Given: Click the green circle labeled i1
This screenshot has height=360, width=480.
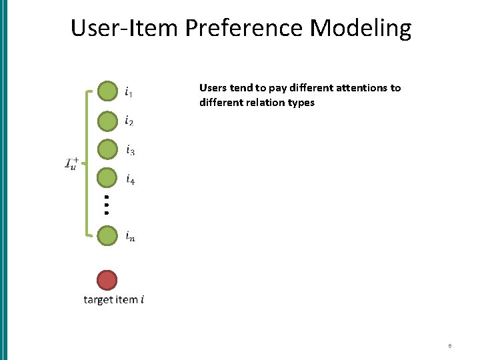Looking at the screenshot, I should pyautogui.click(x=107, y=91).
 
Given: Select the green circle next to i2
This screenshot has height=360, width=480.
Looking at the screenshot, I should pyautogui.click(x=107, y=121).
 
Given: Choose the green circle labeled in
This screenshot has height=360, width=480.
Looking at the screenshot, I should pyautogui.click(x=107, y=236).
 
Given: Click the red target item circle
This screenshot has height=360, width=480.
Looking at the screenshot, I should pyautogui.click(x=107, y=280).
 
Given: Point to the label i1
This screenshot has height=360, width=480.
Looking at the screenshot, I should pyautogui.click(x=129, y=91).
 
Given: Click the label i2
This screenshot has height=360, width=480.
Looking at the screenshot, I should pyautogui.click(x=129, y=121).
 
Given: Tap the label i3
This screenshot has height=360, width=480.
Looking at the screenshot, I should pyautogui.click(x=130, y=150).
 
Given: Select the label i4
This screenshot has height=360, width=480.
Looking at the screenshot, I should pyautogui.click(x=130, y=179).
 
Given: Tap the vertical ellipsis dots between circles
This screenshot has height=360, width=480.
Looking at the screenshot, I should pyautogui.click(x=107, y=204).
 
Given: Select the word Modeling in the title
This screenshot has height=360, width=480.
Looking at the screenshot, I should pyautogui.click(x=360, y=29).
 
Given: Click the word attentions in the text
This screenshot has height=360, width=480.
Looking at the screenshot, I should pyautogui.click(x=359, y=88).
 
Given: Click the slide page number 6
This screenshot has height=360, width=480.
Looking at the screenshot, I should pyautogui.click(x=450, y=346).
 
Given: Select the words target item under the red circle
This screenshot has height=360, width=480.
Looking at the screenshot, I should pyautogui.click(x=110, y=300).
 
